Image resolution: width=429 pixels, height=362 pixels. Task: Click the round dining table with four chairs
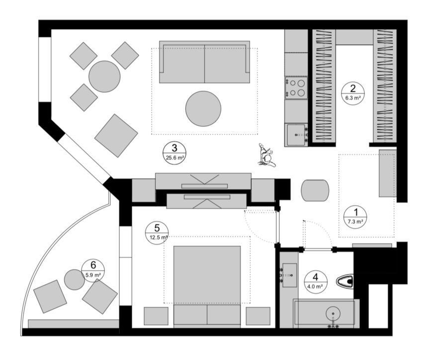(x=104, y=76)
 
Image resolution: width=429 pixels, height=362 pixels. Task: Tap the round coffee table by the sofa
(x=203, y=109)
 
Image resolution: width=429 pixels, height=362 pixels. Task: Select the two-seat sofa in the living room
(x=204, y=62)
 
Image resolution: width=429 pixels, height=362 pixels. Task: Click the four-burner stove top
(x=296, y=88)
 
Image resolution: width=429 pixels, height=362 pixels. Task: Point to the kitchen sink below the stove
(x=296, y=135)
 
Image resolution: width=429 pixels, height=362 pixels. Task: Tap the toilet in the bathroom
(x=344, y=281)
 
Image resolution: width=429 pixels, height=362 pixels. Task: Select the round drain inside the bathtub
(x=333, y=313)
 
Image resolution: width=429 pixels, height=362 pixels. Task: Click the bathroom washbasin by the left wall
(x=289, y=275)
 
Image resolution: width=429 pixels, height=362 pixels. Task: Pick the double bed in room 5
(x=207, y=285)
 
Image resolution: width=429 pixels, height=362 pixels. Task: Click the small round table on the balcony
(x=75, y=280)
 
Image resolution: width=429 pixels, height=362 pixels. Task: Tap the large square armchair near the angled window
(x=116, y=136)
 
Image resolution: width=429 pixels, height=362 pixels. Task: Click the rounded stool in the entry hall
(x=315, y=190)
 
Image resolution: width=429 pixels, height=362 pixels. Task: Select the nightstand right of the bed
(x=258, y=316)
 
